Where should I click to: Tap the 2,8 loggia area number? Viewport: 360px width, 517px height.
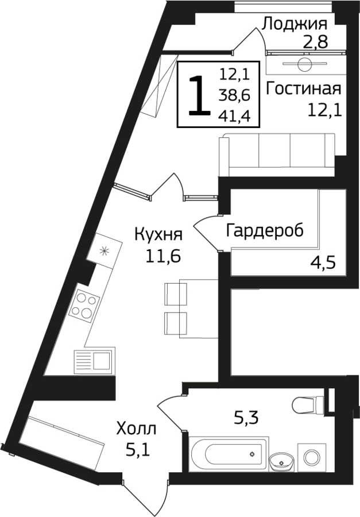click(x=315, y=42)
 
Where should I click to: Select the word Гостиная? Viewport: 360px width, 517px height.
click(x=303, y=88)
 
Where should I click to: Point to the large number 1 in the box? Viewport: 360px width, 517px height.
click(x=199, y=95)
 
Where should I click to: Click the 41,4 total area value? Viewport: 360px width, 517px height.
click(x=234, y=115)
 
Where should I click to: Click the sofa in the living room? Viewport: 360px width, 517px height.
click(x=277, y=155)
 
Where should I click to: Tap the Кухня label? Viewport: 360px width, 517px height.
click(x=158, y=235)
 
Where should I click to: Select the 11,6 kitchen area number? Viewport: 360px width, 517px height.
click(x=163, y=256)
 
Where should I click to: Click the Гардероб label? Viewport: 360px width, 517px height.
click(x=265, y=231)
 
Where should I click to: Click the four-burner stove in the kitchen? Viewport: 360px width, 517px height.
click(x=84, y=306)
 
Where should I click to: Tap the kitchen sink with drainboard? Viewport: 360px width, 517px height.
click(x=94, y=362)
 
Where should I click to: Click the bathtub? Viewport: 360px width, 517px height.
click(x=229, y=453)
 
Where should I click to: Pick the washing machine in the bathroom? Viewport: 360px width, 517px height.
click(x=312, y=457)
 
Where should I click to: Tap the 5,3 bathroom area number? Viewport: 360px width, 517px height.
click(x=246, y=418)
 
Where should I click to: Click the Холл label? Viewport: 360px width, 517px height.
click(x=136, y=429)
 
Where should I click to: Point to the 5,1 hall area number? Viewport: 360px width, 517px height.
click(x=138, y=449)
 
